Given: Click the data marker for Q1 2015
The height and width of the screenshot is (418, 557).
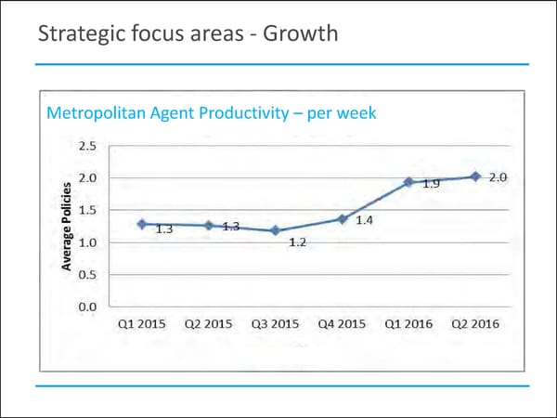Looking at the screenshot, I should click(141, 224).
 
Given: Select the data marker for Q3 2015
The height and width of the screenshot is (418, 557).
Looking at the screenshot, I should click(275, 230).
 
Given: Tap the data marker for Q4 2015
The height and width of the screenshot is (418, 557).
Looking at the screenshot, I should click(342, 219).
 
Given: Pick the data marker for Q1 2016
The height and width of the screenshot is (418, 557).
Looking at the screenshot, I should click(408, 182).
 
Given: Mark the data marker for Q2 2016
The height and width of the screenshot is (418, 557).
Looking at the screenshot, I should click(475, 176).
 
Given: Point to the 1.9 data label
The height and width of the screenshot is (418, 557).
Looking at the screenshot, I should click(431, 184).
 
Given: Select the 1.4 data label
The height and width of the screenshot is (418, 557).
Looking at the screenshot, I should click(365, 220).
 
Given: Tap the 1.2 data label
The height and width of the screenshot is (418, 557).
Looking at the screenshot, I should click(298, 242).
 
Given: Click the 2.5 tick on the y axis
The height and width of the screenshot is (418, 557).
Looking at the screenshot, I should click(88, 146).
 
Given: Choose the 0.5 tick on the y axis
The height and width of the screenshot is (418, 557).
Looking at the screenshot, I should click(88, 274).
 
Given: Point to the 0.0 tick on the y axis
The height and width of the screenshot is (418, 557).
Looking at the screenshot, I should click(88, 307).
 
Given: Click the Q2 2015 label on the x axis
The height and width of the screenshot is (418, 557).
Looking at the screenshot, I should click(208, 324).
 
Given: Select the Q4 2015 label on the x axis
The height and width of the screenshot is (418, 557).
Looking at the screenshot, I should click(342, 324).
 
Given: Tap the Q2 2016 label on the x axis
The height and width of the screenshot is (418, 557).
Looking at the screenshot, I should click(475, 324).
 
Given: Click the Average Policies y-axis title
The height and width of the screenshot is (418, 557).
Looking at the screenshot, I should click(67, 227).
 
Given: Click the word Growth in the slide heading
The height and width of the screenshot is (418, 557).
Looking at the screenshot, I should click(299, 36).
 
